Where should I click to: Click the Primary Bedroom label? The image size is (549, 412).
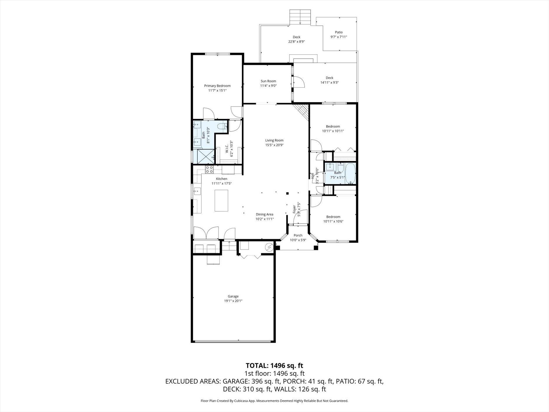pyautogui.click(x=217, y=86)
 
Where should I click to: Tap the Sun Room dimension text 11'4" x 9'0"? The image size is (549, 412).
pyautogui.click(x=268, y=86)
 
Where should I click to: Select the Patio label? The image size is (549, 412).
pyautogui.click(x=339, y=32)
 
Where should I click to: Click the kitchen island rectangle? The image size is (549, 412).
pyautogui.click(x=221, y=200)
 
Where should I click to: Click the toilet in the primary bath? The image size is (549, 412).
pyautogui.click(x=223, y=127)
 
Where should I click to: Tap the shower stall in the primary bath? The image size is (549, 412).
pyautogui.click(x=206, y=157)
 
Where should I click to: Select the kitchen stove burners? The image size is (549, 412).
pyautogui.click(x=209, y=169)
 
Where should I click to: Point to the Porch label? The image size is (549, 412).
pyautogui.click(x=298, y=236)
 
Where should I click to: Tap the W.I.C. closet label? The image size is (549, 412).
pyautogui.click(x=227, y=149)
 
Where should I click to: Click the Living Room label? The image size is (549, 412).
pyautogui.click(x=274, y=140)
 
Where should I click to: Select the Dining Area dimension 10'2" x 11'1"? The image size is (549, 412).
pyautogui.click(x=265, y=219)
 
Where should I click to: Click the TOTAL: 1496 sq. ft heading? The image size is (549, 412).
pyautogui.click(x=274, y=366)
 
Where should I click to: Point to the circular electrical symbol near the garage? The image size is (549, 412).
pyautogui.click(x=269, y=247)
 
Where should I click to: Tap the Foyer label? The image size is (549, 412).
pyautogui.click(x=294, y=209)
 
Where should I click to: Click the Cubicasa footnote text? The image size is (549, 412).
pyautogui.click(x=274, y=401)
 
